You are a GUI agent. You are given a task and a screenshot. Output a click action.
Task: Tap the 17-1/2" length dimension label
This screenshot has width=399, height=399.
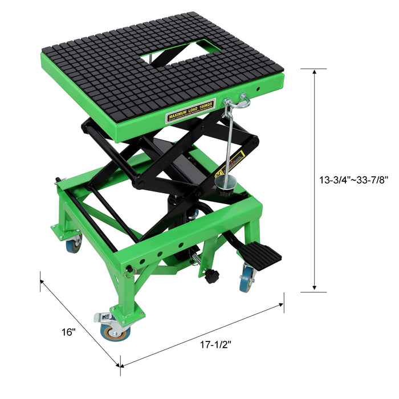215,344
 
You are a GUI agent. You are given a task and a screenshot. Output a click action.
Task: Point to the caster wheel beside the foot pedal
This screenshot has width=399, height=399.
247,279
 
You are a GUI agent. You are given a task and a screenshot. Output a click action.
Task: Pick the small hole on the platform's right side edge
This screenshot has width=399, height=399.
258,89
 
